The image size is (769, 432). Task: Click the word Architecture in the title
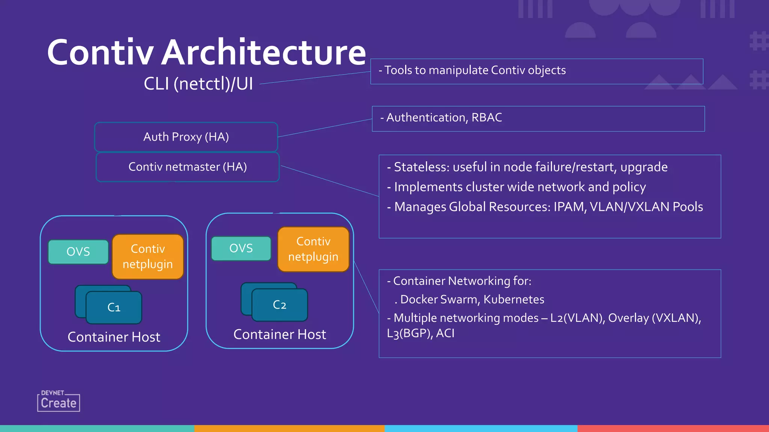tap(264, 52)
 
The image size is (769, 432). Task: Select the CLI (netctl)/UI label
tap(198, 83)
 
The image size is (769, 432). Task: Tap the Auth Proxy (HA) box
tap(186, 137)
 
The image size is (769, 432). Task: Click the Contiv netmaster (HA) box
tap(187, 167)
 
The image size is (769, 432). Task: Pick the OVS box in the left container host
tap(78, 252)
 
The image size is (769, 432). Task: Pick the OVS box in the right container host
tap(241, 248)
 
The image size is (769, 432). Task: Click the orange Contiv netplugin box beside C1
tap(148, 256)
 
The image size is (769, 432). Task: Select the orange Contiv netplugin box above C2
tap(313, 249)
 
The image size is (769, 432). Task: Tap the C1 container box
tap(114, 307)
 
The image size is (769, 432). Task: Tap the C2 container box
tap(279, 305)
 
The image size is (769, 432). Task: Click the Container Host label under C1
tap(114, 337)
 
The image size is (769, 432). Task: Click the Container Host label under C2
tap(280, 334)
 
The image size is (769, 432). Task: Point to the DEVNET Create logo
tap(59, 401)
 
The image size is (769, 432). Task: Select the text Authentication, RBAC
tap(444, 117)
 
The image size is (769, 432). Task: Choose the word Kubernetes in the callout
tap(514, 299)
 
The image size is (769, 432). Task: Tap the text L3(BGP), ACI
tap(421, 333)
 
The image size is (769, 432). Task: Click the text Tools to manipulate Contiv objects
tap(475, 70)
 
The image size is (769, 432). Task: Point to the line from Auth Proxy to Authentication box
tap(325, 128)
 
